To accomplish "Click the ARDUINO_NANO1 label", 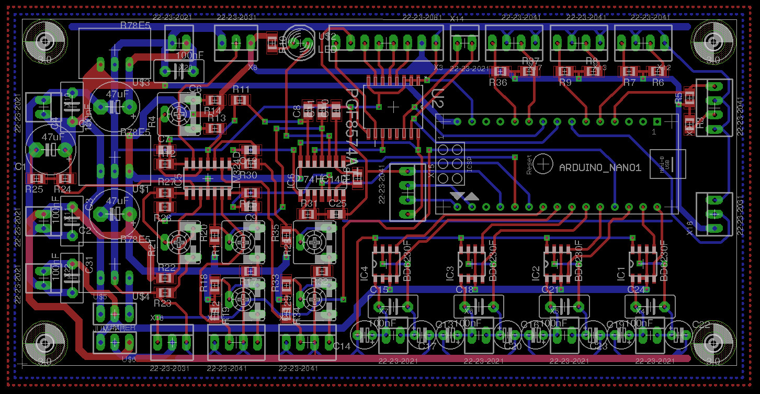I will coord(600,168).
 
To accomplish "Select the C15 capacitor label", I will coord(379,289).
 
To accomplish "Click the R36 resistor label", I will coord(498,82).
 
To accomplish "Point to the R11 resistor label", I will coord(241,89).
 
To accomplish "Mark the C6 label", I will coord(195,89).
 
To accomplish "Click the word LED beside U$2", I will coord(328,50).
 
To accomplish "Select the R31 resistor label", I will coord(309,204).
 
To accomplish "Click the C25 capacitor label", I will coord(337,204).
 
